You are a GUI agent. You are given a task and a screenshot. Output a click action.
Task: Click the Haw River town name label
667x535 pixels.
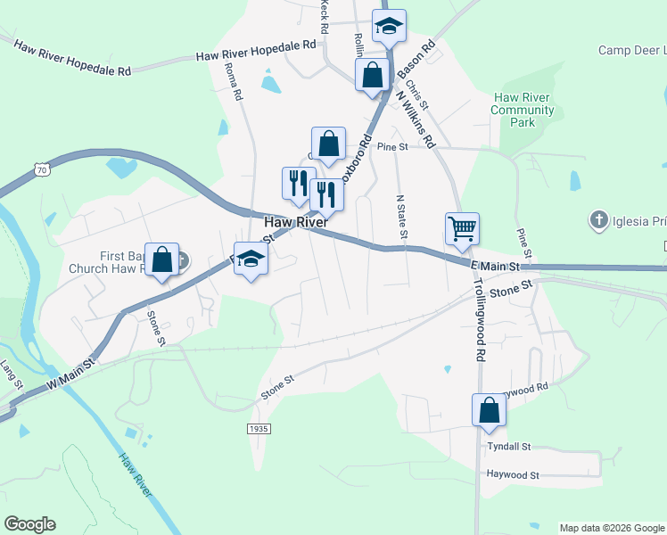click(295, 221)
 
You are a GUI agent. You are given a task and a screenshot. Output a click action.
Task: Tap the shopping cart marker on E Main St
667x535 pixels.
click(462, 228)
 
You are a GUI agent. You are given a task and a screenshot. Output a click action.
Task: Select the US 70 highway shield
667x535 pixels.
click(42, 169)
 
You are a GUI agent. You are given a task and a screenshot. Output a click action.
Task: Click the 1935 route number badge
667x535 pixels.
click(259, 429)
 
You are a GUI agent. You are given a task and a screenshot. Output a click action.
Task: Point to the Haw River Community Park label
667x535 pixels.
click(523, 110)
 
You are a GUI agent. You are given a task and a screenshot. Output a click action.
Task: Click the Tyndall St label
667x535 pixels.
click(509, 446)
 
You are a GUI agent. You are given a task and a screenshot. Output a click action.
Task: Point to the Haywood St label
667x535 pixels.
click(513, 476)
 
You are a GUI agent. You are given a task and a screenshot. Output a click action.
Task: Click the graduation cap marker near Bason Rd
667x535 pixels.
click(389, 26)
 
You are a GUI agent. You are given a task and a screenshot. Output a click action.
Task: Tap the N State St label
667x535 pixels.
click(401, 218)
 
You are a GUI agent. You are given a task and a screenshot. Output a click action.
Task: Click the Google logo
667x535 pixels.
click(29, 524)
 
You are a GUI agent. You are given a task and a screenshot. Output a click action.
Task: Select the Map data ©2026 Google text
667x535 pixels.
click(611, 528)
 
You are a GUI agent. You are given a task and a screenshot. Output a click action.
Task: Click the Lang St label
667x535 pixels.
click(11, 374)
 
